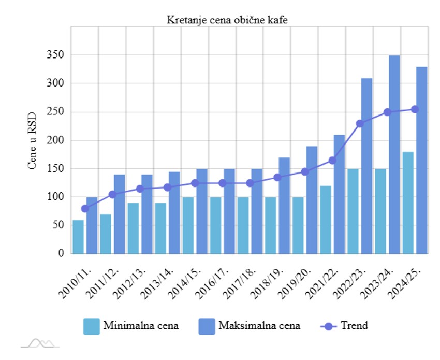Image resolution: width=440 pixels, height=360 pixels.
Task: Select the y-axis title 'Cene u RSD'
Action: coord(32,141)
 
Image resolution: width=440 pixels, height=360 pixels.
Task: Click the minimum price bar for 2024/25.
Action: coord(408,203)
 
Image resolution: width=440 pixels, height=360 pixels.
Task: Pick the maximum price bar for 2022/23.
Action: coord(367,166)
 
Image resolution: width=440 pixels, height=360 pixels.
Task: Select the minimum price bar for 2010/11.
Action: coord(78,237)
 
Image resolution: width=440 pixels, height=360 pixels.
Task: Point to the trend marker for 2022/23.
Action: coord(360,123)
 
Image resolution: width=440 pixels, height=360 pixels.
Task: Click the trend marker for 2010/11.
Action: coord(85,209)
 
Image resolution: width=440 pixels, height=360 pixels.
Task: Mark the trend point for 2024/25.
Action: coord(415,109)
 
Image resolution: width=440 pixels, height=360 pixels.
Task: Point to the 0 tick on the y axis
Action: coord(61,254)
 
